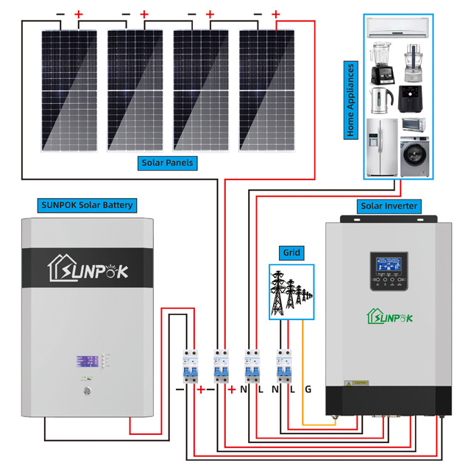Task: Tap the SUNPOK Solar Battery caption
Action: coord(86,205)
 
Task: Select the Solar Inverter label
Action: coord(389,206)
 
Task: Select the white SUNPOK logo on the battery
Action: coord(88,269)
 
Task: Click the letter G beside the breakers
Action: coord(308,389)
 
